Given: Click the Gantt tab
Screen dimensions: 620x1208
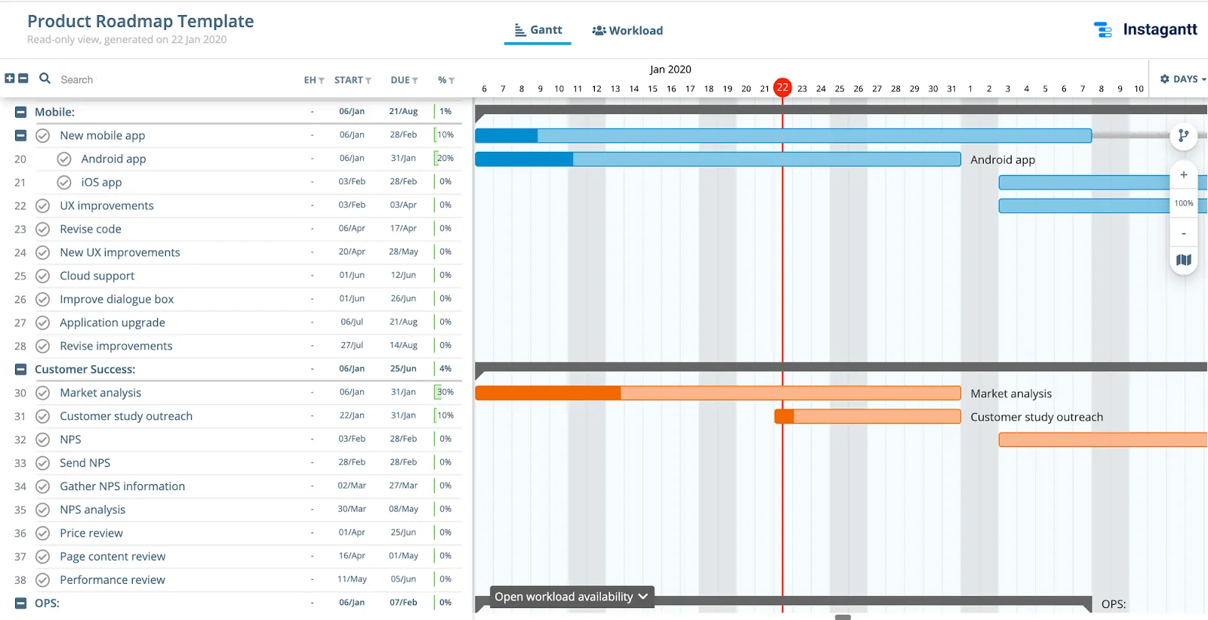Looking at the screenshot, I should tap(538, 30).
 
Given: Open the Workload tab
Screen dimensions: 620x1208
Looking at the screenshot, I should tap(627, 31).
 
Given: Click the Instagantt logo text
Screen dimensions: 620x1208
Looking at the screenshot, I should tap(1159, 29).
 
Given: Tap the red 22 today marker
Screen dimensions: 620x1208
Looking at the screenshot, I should tap(783, 88).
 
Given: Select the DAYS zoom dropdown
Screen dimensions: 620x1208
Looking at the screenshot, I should tap(1182, 79).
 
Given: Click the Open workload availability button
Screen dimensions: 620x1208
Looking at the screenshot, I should tap(572, 597).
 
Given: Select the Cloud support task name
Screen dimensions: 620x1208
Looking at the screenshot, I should tap(97, 276).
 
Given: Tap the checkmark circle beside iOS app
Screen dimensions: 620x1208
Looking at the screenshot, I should tap(65, 183).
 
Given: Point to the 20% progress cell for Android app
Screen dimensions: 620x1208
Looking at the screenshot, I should tap(445, 159).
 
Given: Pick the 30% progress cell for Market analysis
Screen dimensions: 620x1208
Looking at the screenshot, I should tap(445, 393).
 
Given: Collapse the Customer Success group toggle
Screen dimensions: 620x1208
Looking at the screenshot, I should tap(21, 370).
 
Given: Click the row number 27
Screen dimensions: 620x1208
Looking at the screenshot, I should tap(20, 323).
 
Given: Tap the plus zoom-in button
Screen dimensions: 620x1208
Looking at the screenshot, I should tap(1184, 175).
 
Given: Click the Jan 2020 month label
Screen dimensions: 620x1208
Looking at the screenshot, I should tap(670, 69).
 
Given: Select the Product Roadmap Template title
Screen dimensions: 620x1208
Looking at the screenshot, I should tap(140, 21).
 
